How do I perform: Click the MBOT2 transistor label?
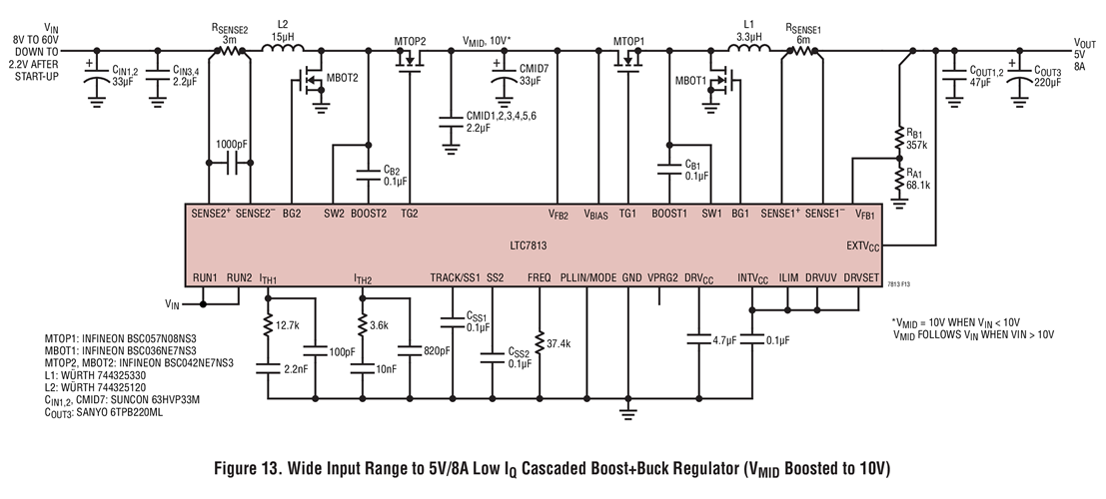[x=339, y=78]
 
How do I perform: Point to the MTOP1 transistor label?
[x=629, y=41]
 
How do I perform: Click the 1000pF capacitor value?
[x=232, y=143]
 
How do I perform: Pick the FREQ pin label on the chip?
[x=539, y=276]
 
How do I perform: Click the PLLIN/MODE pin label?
[x=587, y=276]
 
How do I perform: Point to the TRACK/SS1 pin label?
[x=455, y=276]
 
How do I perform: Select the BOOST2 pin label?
[x=369, y=213]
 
